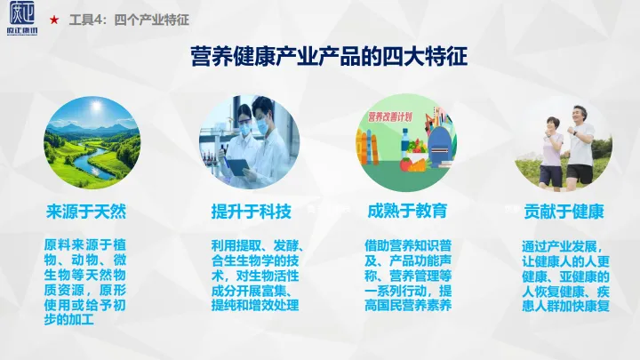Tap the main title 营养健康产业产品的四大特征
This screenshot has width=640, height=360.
[x=329, y=57]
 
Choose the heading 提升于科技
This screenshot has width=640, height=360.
[x=250, y=212]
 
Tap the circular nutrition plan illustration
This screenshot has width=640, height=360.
[x=407, y=142]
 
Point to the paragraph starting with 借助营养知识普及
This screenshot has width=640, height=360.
[x=408, y=274]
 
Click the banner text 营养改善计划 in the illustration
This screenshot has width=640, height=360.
[x=392, y=116]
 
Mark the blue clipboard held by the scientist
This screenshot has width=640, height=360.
[x=236, y=164]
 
